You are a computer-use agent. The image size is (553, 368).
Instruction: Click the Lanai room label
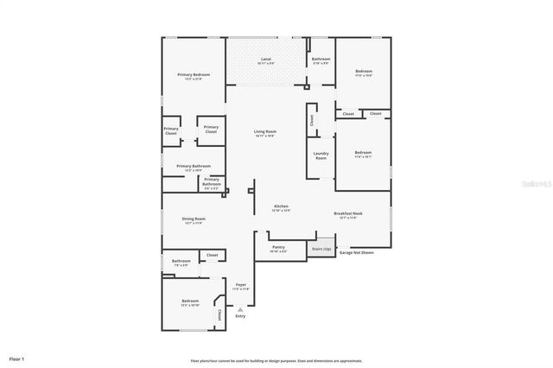(265, 60)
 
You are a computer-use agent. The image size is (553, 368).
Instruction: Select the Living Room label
(265, 133)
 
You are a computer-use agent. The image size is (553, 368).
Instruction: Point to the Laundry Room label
(321, 156)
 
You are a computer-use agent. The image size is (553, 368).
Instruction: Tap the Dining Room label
(194, 220)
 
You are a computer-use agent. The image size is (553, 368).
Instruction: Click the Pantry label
(278, 249)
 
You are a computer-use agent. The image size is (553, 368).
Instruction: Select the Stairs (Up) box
(321, 248)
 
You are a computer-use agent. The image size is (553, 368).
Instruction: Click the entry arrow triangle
(240, 308)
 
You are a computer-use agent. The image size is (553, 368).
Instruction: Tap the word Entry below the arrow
(240, 316)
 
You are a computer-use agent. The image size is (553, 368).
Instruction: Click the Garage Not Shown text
(356, 253)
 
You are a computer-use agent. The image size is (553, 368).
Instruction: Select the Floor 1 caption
(16, 358)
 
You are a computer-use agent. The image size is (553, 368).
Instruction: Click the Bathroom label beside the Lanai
(321, 60)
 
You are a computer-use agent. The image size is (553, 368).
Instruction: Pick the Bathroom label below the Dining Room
(181, 263)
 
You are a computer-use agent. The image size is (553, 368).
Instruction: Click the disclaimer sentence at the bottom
(276, 361)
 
